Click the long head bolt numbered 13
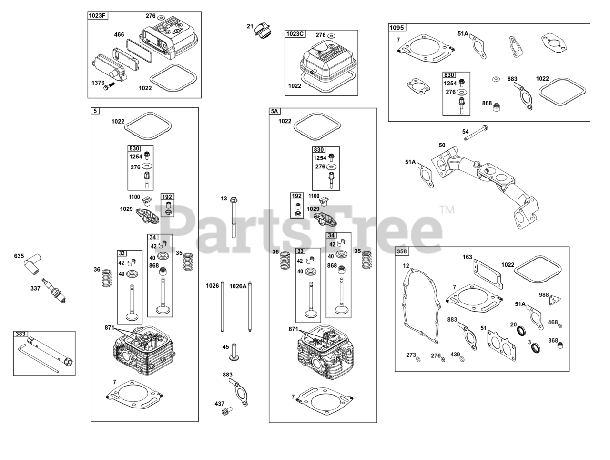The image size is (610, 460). coord(234,217)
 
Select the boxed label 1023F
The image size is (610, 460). coord(98,16)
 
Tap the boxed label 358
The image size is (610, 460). coord(402,251)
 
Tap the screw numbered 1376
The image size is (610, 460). coord(110,86)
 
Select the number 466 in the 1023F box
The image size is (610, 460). coord(119,35)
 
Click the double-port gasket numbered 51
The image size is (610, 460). coord(501,344)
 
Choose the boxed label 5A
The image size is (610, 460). coord(274,111)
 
